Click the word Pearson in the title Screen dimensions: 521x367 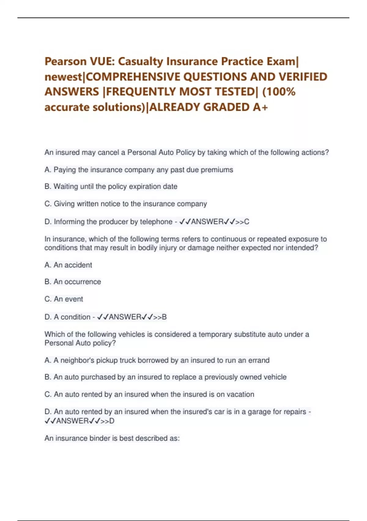click(65, 62)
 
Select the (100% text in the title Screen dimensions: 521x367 click(279, 92)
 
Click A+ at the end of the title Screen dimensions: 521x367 click(260, 107)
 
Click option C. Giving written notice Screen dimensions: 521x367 click(126, 204)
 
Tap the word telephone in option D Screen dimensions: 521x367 click(156, 222)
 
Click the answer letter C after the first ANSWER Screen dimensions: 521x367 click(247, 222)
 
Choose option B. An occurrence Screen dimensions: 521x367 click(73, 282)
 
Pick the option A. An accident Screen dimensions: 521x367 click(68, 265)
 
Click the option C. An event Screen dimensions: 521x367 click(64, 299)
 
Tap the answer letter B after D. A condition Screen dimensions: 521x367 click(164, 317)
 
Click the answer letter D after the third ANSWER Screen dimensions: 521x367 click(112, 421)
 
